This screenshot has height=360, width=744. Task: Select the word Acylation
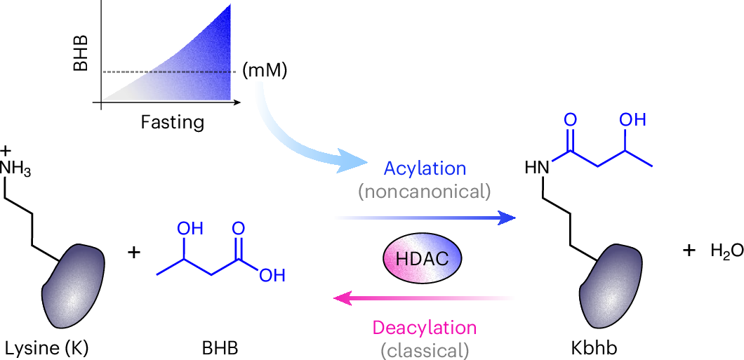click(425, 169)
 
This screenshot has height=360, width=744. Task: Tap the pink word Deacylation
click(424, 328)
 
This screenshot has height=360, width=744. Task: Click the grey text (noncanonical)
click(424, 192)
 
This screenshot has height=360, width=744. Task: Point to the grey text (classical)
click(424, 349)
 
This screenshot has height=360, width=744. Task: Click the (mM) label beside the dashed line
click(264, 72)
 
